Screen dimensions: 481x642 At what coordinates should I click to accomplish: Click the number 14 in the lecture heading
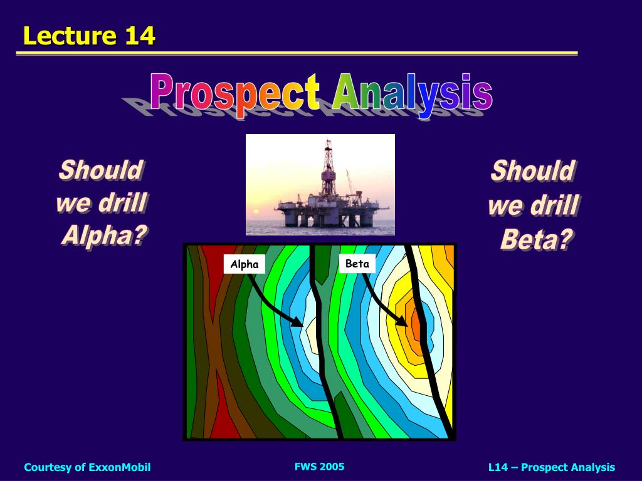(140, 36)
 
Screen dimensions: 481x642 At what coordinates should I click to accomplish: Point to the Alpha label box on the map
(245, 264)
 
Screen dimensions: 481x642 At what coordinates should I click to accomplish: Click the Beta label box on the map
(357, 264)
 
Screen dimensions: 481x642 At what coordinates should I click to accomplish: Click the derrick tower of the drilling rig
(329, 166)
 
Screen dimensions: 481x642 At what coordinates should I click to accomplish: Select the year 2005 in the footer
(332, 467)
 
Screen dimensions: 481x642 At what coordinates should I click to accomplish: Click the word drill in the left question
(124, 203)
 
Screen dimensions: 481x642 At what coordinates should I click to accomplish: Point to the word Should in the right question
(533, 170)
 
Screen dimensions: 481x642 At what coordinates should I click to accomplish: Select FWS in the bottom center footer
(305, 467)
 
